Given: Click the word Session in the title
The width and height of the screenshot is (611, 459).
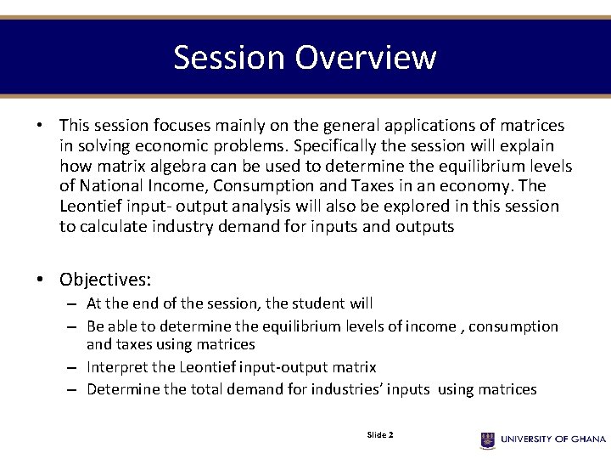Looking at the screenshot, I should tap(230, 58).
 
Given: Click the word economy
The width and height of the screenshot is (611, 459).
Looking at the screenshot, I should tap(480, 186).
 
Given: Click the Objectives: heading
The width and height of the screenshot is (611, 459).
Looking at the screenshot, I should tap(105, 280).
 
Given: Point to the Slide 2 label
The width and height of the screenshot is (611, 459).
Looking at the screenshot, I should tap(379, 435).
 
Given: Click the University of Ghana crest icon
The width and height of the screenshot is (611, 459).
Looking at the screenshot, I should tap(487, 439).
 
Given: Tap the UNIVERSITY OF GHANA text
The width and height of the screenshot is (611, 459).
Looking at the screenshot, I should tap(552, 439).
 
